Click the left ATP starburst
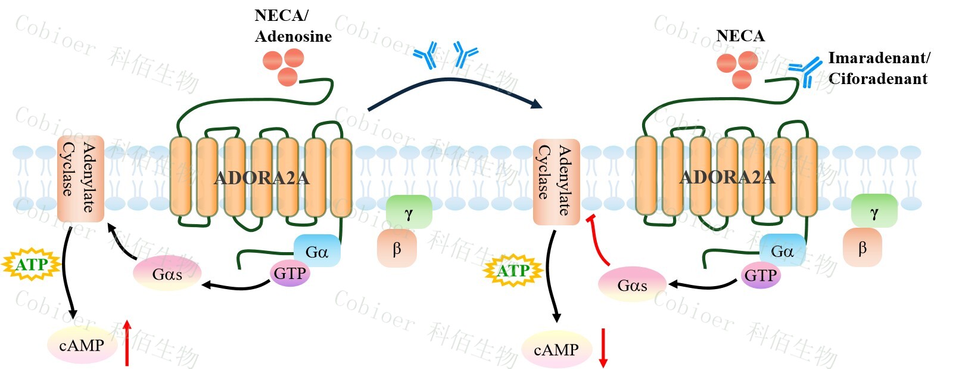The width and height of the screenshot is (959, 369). click(x=32, y=265)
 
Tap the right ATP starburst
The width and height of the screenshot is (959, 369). click(x=513, y=271)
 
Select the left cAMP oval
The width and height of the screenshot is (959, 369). click(x=82, y=345)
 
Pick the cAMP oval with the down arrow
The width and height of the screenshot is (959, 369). click(x=556, y=350)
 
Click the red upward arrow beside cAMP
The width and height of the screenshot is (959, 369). click(x=127, y=343)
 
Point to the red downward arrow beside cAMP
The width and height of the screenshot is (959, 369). click(x=603, y=348)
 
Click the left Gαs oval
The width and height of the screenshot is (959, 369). click(x=167, y=274)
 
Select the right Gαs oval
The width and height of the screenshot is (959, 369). click(x=632, y=285)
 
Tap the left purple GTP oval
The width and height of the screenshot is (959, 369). click(x=290, y=274)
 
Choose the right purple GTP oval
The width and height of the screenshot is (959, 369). click(x=761, y=276)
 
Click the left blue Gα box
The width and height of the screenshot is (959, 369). click(x=317, y=251)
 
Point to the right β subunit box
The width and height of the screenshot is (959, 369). click(x=862, y=248)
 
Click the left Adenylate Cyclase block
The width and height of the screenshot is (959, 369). click(x=80, y=178)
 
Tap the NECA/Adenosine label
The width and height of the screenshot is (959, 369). click(x=292, y=26)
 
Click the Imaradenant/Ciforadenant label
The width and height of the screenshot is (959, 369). click(x=879, y=68)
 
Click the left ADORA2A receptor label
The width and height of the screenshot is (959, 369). click(x=261, y=178)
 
